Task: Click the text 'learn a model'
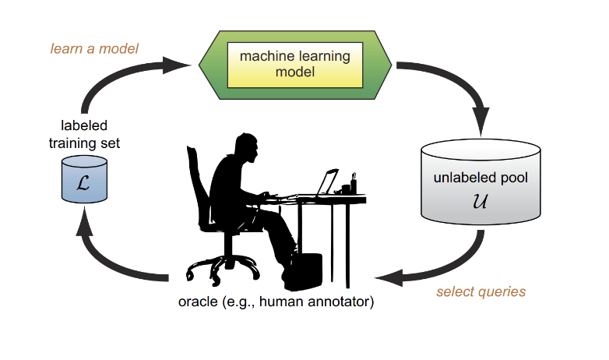[x=94, y=49]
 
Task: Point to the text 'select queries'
[x=481, y=292]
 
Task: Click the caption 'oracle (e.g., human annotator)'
[x=276, y=301]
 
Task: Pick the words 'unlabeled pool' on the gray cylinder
[x=481, y=178]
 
